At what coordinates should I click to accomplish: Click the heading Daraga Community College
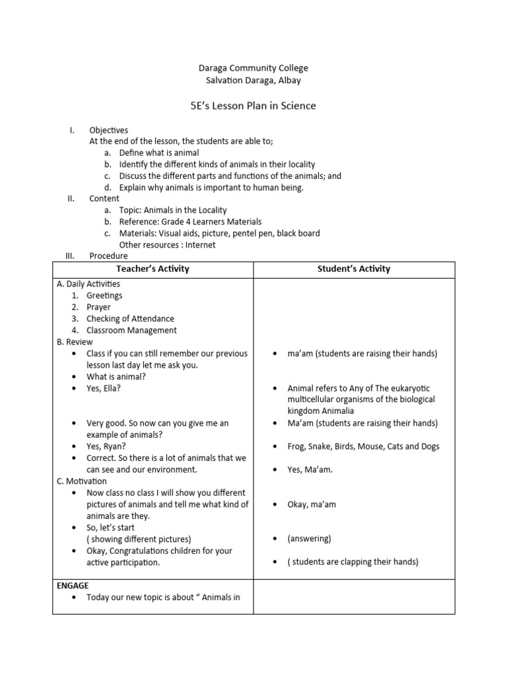coord(253,68)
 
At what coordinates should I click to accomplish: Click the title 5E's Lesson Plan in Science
coord(253,106)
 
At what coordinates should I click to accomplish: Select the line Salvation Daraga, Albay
coord(253,81)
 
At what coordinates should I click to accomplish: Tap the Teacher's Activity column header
coord(152,269)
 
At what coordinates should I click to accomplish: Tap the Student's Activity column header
coord(355,269)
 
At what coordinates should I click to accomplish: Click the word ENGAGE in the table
coord(73,586)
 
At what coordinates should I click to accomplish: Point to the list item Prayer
coord(98,307)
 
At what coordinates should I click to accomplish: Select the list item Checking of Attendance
coord(130,319)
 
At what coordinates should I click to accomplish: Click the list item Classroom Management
coord(131,330)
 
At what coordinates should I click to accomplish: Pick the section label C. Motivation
coord(82,481)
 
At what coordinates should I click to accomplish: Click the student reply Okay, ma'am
coord(312,504)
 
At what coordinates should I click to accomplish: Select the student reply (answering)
coord(309,539)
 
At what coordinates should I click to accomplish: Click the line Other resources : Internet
coord(167,245)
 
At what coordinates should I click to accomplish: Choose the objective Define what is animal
coord(158,153)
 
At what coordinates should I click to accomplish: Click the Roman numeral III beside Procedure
coord(70,256)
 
